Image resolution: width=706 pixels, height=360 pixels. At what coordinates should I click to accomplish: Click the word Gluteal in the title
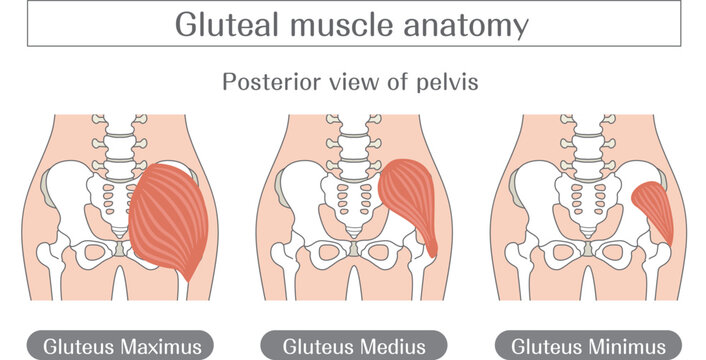click(226, 24)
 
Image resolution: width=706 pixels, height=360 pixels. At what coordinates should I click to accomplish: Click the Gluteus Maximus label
click(122, 347)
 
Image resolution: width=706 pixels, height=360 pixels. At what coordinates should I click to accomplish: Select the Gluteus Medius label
click(354, 347)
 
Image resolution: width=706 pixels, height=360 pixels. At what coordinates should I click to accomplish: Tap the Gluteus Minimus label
click(588, 347)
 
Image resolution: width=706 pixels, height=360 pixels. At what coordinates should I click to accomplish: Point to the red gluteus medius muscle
click(407, 198)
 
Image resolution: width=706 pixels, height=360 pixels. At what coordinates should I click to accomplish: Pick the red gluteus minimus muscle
click(653, 207)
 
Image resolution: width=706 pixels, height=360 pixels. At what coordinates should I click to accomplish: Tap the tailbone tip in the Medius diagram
click(354, 236)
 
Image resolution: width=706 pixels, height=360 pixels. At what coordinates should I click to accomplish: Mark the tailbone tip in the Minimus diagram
click(588, 236)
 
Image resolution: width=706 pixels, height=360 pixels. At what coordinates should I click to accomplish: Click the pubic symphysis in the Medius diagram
click(354, 249)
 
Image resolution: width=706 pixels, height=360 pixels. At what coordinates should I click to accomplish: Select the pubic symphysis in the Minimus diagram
click(588, 249)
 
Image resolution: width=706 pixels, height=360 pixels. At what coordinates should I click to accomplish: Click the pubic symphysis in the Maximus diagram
click(120, 249)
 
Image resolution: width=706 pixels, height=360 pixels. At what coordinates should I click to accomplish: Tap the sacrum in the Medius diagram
click(354, 202)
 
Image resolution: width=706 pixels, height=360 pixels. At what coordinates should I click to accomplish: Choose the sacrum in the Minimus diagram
click(588, 202)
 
